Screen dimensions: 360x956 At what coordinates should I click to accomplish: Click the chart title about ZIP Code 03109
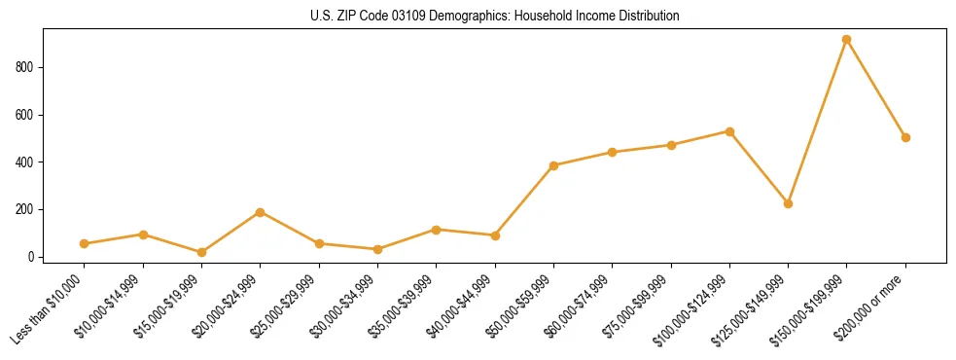(x=478, y=17)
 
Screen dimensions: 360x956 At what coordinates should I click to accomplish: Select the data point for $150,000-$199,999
(x=846, y=40)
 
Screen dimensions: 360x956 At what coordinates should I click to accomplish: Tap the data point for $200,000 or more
(x=905, y=137)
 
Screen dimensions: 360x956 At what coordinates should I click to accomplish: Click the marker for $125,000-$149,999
(x=788, y=203)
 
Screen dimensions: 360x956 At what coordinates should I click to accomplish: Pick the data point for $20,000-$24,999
(x=260, y=212)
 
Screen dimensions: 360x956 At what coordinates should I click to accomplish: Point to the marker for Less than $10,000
(x=85, y=243)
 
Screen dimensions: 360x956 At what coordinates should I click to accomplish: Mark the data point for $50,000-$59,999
(x=553, y=165)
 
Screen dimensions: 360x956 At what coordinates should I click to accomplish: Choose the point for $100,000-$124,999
(x=729, y=131)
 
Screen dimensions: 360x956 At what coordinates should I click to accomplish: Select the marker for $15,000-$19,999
(x=201, y=252)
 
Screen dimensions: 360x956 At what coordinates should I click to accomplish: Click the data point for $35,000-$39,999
(x=436, y=230)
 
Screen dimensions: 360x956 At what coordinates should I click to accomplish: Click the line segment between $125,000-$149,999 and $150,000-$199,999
(x=817, y=122)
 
